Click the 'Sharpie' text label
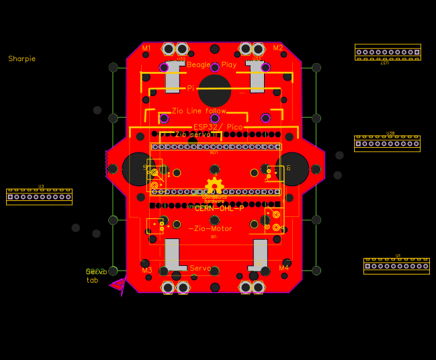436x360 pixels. [x=21, y=59]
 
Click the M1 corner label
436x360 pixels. [x=146, y=48]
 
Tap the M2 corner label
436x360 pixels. [x=277, y=48]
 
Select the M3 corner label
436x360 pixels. [x=146, y=270]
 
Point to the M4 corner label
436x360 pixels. [x=284, y=267]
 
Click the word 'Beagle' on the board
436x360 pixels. [x=199, y=64]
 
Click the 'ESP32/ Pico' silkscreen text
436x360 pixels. [x=218, y=126]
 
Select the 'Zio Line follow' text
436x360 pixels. [x=199, y=111]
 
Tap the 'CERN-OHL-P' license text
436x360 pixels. [x=219, y=209]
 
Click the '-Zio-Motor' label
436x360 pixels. [x=210, y=228]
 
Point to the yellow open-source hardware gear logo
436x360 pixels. [x=214, y=186]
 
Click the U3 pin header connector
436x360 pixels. [x=39, y=196]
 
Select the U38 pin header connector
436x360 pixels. [x=387, y=143]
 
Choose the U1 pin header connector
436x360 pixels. [x=396, y=266]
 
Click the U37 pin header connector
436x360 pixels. [x=388, y=52]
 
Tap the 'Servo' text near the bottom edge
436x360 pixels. [x=201, y=268]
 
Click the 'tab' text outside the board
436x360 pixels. [x=92, y=280]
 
